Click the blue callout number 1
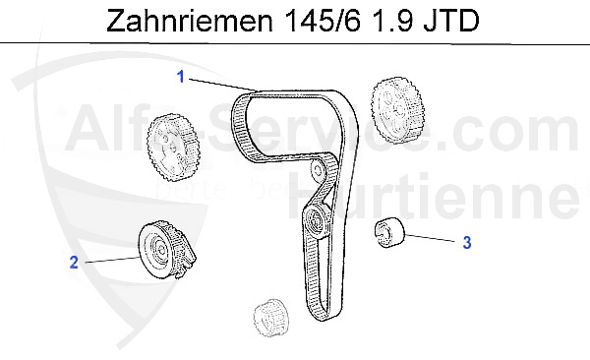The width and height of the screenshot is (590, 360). coord(181,76)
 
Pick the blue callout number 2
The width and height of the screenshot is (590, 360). coord(73,262)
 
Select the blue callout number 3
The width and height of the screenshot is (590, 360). coord(468,241)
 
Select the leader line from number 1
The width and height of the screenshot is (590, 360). coord(216,84)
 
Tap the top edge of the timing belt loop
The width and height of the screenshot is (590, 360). coord(295,91)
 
